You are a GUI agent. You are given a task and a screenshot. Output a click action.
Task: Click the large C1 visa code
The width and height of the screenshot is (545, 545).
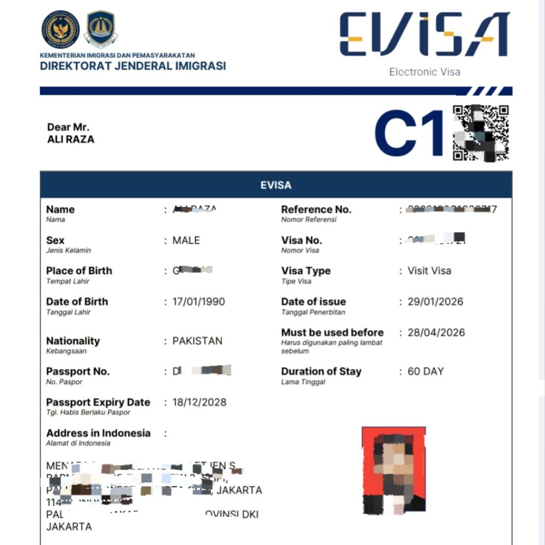pos(409,133)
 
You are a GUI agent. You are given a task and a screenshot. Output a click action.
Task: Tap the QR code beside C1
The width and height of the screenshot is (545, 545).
pos(481,133)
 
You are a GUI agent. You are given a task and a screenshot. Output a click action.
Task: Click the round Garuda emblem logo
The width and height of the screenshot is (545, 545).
pos(61,29)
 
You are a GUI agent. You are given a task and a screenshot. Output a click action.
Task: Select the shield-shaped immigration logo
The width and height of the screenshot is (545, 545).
pos(101,29)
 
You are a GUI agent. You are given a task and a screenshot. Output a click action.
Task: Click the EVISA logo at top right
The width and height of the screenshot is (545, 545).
pos(424,35)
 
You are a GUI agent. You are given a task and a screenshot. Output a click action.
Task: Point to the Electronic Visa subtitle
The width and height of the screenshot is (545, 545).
pos(424,72)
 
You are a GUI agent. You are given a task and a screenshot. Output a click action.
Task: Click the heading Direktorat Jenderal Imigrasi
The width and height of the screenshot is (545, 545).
pos(133,66)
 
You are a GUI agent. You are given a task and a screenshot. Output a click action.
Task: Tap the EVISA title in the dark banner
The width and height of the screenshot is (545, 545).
pos(276,185)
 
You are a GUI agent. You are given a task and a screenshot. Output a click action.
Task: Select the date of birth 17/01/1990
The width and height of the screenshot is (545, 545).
pos(199,302)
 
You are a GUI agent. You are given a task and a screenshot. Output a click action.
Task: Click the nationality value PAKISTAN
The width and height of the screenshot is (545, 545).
pos(197,341)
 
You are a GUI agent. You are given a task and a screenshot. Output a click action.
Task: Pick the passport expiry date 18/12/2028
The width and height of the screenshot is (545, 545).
pos(199,402)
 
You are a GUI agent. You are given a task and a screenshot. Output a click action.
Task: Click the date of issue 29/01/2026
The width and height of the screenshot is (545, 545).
pos(435,302)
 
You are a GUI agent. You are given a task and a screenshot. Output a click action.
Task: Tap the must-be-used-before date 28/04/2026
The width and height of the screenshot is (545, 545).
pos(436,333)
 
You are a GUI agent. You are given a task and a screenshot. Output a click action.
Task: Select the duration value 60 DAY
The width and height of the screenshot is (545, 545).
pos(425,371)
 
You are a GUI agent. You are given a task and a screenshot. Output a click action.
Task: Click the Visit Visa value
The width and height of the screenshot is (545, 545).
pos(429,271)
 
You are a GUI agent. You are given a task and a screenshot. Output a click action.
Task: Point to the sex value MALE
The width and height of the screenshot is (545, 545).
pos(186,241)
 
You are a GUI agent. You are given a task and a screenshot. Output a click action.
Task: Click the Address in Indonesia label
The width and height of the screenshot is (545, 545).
pos(98,433)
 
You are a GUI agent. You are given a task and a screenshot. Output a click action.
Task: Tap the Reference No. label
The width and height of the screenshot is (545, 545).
pos(316,210)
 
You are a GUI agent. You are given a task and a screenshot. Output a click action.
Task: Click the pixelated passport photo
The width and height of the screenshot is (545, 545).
pos(393,470)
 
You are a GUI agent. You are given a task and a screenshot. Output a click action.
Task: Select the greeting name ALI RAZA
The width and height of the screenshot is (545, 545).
pos(71,139)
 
